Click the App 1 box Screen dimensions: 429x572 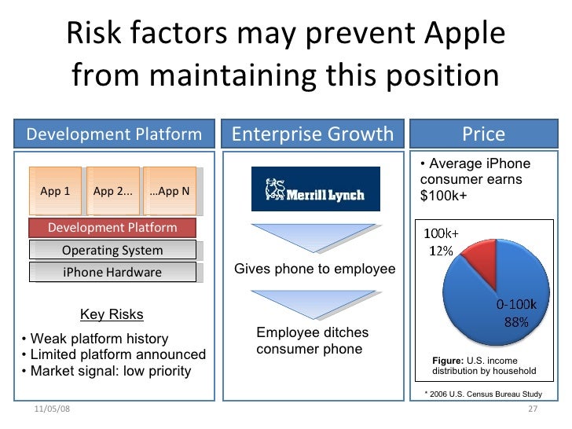pyautogui.click(x=55, y=191)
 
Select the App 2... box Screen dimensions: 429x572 pyautogui.click(x=112, y=191)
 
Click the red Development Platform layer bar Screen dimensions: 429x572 pyautogui.click(x=112, y=228)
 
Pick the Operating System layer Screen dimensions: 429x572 pyautogui.click(x=112, y=251)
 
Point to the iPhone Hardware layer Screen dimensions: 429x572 pyautogui.click(x=112, y=273)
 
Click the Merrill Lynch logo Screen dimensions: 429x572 pyautogui.click(x=314, y=189)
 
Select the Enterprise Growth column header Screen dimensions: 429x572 pyautogui.click(x=313, y=134)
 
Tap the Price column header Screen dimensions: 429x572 pyautogui.click(x=483, y=134)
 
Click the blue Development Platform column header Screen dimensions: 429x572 pyautogui.click(x=114, y=134)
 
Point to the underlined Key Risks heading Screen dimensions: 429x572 pyautogui.click(x=112, y=315)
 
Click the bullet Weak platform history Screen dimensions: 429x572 pyautogui.click(x=95, y=339)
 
